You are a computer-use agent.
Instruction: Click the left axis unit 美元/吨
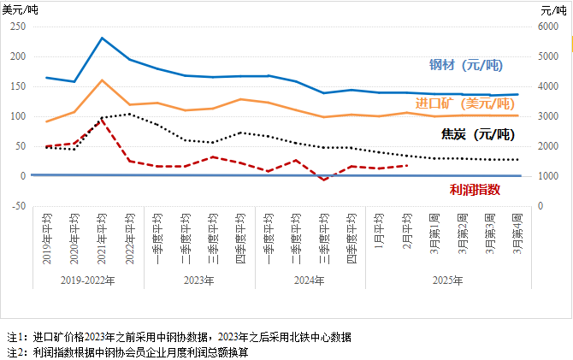point(21,9)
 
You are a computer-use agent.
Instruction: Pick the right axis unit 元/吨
point(554,9)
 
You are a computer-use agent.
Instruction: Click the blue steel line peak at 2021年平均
point(102,38)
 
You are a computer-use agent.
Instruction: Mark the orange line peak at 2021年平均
point(102,80)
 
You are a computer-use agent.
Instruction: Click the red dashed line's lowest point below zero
point(324,180)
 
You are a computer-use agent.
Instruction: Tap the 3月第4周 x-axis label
point(516,236)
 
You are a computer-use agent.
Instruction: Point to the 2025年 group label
point(447,280)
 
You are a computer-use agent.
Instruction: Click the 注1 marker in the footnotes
point(15,337)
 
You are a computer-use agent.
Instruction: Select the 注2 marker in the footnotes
point(15,351)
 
